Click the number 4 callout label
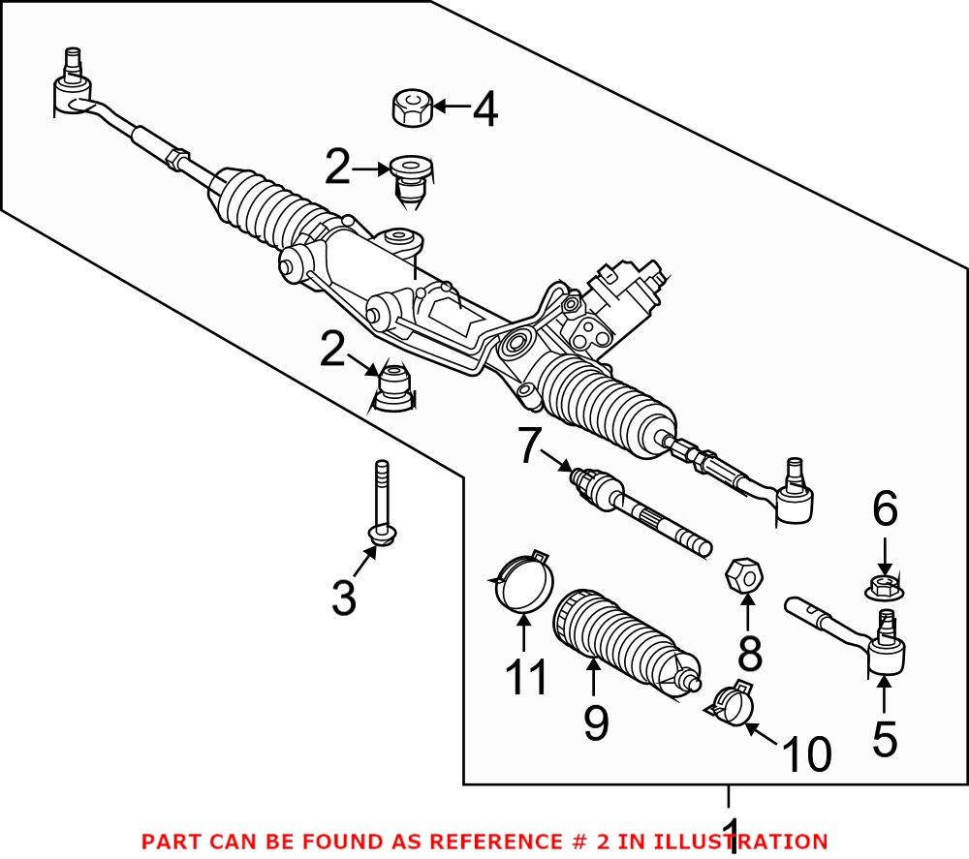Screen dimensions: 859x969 pyautogui.click(x=484, y=110)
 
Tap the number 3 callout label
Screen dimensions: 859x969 pyautogui.click(x=344, y=598)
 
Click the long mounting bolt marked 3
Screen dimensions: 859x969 pyautogui.click(x=382, y=504)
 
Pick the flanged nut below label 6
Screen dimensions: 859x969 pyautogui.click(x=883, y=586)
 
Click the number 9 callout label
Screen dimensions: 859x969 pyautogui.click(x=595, y=721)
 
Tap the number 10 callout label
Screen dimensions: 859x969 pyautogui.click(x=805, y=754)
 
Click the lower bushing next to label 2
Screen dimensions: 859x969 pyautogui.click(x=391, y=387)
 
